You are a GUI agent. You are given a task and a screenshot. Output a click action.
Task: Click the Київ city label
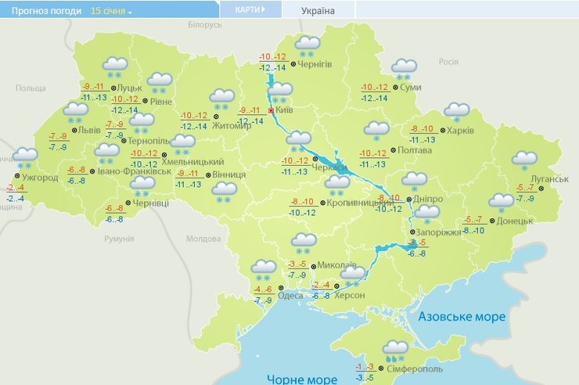[286, 112]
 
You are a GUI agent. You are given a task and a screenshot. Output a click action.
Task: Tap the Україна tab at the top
[318, 11]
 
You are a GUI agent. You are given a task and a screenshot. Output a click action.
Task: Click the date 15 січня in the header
[110, 11]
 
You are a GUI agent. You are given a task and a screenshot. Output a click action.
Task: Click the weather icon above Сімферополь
[395, 349]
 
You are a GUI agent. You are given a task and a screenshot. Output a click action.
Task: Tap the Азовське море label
[462, 317]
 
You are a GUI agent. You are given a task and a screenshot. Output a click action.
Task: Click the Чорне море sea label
[302, 379]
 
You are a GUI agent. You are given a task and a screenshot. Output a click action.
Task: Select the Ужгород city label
[40, 178]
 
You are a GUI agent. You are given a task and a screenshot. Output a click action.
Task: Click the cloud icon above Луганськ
[524, 160]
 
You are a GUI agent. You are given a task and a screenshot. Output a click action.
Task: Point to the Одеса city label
[290, 294]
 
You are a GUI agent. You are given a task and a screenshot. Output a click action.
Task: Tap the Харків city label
[461, 131]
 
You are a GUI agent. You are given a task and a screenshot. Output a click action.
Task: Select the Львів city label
[88, 131]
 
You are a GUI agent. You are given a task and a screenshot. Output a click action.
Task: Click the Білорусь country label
[206, 25]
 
